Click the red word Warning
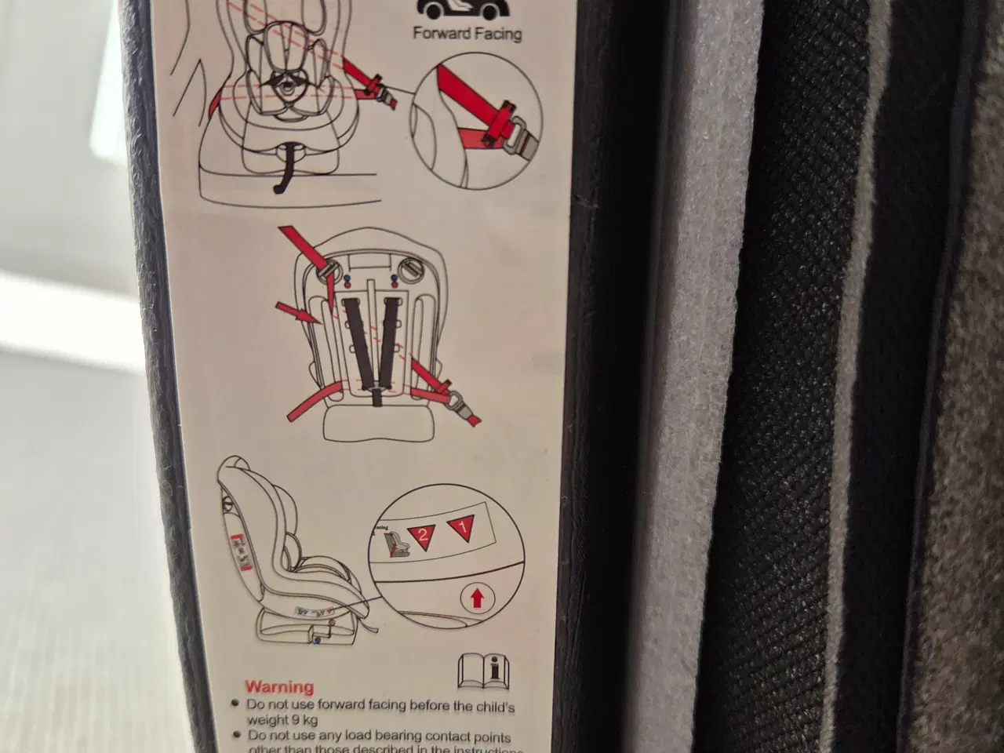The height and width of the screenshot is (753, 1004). click(x=278, y=688)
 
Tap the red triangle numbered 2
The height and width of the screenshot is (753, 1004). click(x=422, y=537)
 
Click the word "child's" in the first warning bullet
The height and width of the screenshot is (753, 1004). click(x=496, y=706)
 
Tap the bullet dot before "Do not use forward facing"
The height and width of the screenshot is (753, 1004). click(x=235, y=704)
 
